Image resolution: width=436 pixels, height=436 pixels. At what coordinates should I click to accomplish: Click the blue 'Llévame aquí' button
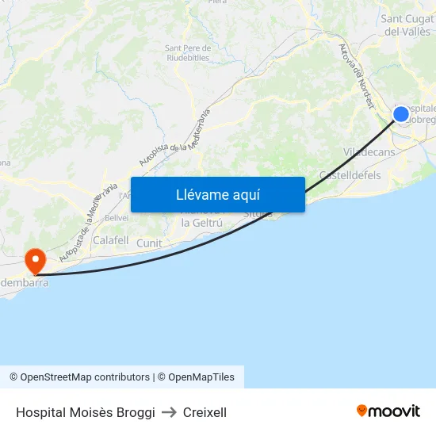(x=218, y=194)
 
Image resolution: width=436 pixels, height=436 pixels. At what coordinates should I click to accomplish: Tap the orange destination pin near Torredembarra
(x=36, y=260)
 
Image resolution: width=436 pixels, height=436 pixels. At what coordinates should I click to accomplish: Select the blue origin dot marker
(x=401, y=114)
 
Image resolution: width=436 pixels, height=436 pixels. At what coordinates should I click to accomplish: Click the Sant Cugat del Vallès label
(x=407, y=25)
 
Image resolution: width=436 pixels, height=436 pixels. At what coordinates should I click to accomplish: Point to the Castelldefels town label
(x=350, y=175)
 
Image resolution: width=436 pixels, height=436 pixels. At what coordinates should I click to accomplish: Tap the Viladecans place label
(x=369, y=151)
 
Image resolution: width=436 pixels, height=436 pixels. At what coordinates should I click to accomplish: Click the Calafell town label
(x=111, y=240)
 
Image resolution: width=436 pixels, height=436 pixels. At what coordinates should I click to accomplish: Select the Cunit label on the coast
(x=149, y=243)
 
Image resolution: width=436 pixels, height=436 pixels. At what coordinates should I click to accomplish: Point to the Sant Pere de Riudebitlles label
(x=188, y=52)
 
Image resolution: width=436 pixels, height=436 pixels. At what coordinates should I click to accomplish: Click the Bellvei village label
(x=117, y=218)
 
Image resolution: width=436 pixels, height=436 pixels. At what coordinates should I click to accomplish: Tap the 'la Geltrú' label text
(x=202, y=223)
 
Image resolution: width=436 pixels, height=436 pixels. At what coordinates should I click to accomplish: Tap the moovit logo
(x=388, y=411)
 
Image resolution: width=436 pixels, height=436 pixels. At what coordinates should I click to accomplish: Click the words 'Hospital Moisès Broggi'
(x=85, y=412)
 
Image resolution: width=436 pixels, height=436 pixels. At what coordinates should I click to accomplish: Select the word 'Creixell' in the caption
(x=205, y=412)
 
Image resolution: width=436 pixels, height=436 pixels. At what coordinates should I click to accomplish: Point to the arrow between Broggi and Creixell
(x=169, y=412)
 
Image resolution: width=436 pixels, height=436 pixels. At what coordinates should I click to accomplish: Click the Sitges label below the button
(x=258, y=214)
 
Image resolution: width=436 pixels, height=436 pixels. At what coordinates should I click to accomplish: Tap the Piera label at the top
(x=217, y=2)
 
